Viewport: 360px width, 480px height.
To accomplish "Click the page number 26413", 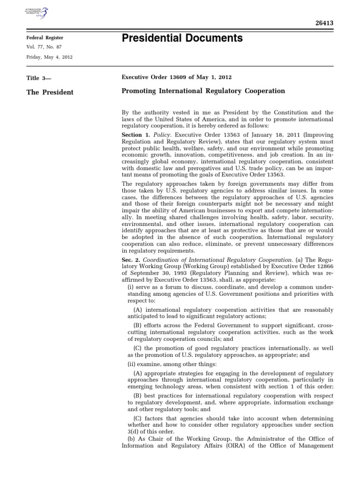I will click(x=322, y=22).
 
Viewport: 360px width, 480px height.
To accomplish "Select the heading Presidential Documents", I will click(x=182, y=38).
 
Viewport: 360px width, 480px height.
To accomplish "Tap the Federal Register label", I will click(x=45, y=37).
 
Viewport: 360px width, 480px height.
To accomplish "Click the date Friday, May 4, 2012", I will click(x=49, y=57).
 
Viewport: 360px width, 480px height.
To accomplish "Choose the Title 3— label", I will click(x=38, y=78).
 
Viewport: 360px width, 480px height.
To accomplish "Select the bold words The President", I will click(x=50, y=92).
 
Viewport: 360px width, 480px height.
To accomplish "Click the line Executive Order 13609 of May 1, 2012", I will click(x=176, y=77).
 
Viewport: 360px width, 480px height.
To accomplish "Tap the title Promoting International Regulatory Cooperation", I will click(x=203, y=91).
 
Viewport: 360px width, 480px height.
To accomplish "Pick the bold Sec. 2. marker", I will click(x=131, y=259).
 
